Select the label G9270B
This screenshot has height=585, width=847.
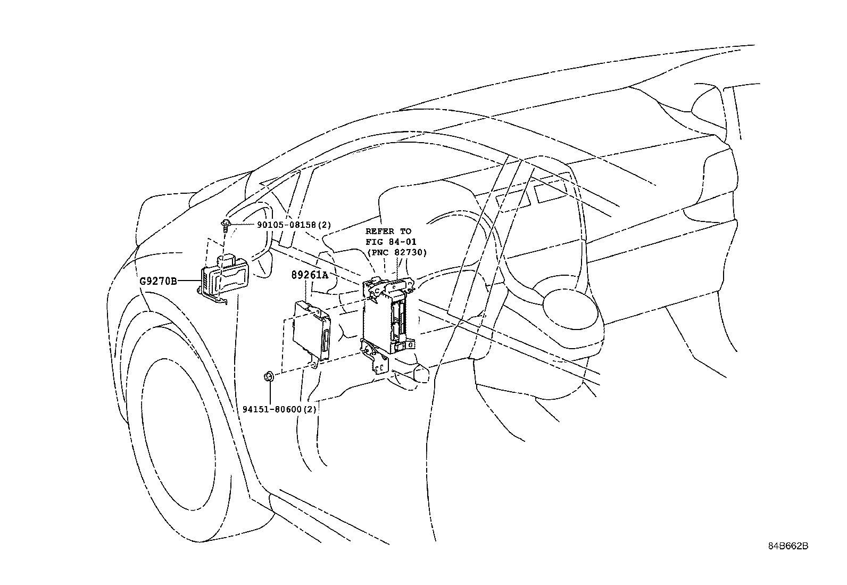[x=158, y=281]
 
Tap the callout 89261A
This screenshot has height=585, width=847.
[x=310, y=275]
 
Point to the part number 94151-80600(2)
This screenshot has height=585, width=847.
[x=280, y=409]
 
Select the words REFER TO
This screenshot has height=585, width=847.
[x=388, y=231]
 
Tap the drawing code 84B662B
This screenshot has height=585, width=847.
[x=788, y=546]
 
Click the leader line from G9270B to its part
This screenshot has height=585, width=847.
[x=189, y=281]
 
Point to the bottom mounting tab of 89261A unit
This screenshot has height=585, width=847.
[x=315, y=363]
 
